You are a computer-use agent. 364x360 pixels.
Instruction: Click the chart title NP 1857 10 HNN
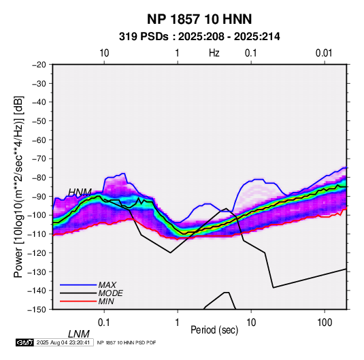click(199, 19)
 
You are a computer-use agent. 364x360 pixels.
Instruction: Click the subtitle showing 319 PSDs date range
click(199, 37)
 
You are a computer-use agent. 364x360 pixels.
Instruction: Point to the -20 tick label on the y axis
click(39, 65)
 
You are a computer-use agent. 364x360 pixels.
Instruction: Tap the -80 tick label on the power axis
click(39, 178)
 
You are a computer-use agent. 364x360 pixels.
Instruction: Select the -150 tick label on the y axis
click(37, 310)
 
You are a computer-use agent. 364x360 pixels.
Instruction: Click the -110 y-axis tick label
click(37, 234)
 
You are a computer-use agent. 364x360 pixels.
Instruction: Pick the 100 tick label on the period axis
click(325, 323)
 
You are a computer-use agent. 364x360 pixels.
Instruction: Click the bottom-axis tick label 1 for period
click(178, 323)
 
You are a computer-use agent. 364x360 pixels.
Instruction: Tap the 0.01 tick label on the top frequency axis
click(324, 53)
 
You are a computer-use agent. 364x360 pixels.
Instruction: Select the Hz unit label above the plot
click(214, 53)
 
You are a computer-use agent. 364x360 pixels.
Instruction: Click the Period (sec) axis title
click(214, 330)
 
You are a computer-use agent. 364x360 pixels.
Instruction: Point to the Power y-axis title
click(18, 186)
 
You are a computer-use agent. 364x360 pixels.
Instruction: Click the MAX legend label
click(107, 285)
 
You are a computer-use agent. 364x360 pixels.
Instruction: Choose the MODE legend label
click(110, 293)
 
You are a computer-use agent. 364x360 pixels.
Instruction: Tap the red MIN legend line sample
click(78, 301)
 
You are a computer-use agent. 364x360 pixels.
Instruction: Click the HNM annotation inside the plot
click(80, 192)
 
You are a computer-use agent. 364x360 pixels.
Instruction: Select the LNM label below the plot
click(79, 334)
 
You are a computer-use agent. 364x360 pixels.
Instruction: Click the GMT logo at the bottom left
click(24, 342)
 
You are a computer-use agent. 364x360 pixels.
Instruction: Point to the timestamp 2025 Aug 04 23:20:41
click(63, 342)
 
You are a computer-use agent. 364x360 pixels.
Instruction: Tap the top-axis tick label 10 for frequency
click(104, 53)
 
